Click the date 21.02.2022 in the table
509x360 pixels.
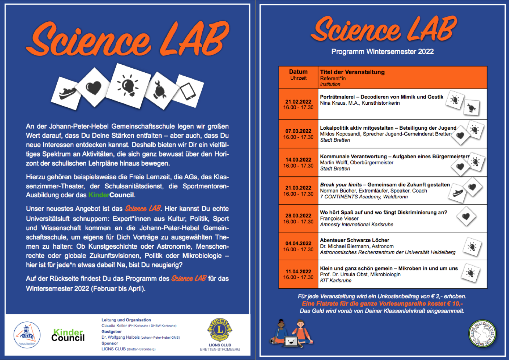pos(298,102)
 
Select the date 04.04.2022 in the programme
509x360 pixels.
pos(298,243)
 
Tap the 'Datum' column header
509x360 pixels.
pos(298,72)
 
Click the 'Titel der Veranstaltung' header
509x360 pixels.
pos(352,72)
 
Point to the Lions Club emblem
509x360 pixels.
pos(220,330)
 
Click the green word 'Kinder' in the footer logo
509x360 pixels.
pos(68,332)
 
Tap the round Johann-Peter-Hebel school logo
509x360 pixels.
pos(27,335)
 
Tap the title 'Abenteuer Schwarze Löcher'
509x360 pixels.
pos(354,240)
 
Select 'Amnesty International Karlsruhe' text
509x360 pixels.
pos(357,224)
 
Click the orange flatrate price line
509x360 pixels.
pos(382,304)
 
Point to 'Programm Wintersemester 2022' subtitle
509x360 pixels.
pos(382,52)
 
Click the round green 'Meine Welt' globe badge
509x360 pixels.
pos(482,334)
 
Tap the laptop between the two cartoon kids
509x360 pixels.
pos(290,341)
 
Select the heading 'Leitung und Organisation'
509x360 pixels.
pos(126,320)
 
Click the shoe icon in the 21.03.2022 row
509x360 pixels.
pos(458,192)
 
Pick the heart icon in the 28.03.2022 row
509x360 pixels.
pos(466,216)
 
